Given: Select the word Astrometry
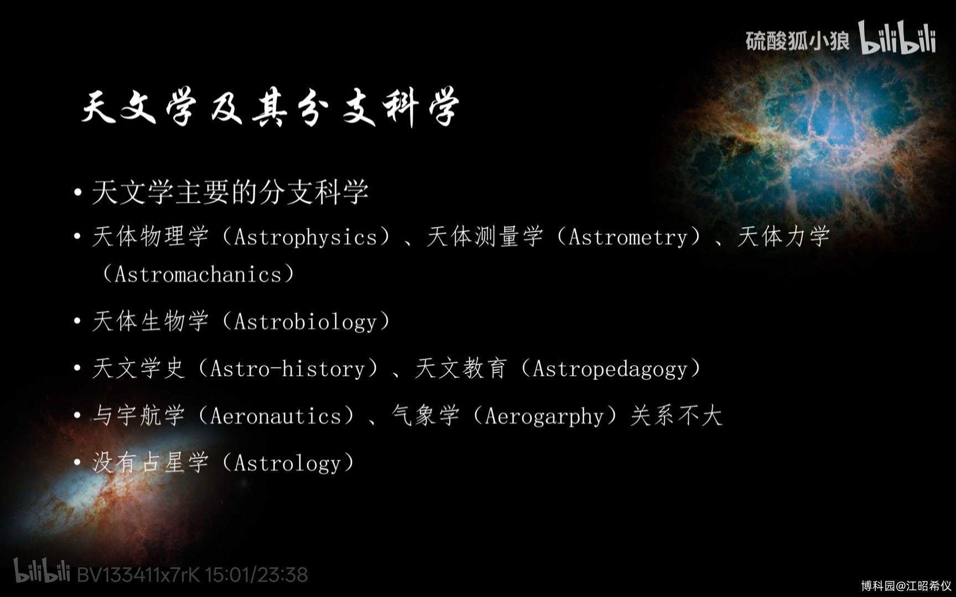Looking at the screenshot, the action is pyautogui.click(x=628, y=238).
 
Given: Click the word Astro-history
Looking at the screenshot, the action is pyautogui.click(x=288, y=369).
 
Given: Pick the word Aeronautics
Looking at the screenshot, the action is pyautogui.click(x=276, y=416).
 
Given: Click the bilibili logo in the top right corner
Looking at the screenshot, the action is pyautogui.click(x=897, y=38).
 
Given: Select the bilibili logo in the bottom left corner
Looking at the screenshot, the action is pyautogui.click(x=42, y=570).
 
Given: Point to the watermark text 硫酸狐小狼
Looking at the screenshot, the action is pyautogui.click(x=797, y=40).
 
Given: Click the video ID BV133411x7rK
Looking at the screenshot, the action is pyautogui.click(x=138, y=575).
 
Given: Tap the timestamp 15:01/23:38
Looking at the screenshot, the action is pyautogui.click(x=257, y=575).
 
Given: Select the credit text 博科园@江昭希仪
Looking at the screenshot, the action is pyautogui.click(x=906, y=585).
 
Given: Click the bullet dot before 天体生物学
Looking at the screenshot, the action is pyautogui.click(x=78, y=322).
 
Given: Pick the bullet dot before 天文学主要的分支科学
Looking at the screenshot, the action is pyautogui.click(x=78, y=193).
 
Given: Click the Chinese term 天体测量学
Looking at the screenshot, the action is pyautogui.click(x=485, y=237).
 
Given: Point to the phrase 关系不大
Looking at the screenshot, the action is pyautogui.click(x=676, y=416).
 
